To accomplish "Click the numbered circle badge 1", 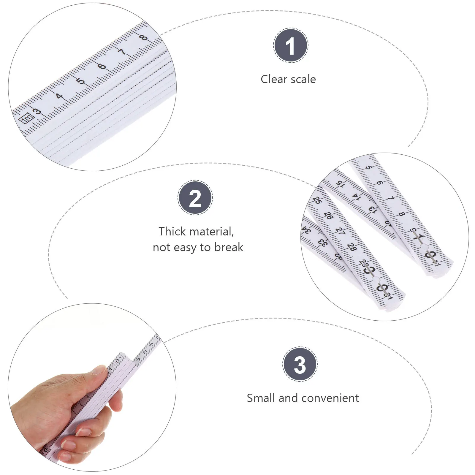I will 291,45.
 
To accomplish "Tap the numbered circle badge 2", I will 195,198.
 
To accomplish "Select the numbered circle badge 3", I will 300,364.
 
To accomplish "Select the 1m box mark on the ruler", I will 26,118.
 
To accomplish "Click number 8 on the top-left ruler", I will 143,37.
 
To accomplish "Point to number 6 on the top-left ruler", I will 102,66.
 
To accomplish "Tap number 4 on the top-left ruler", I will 60,96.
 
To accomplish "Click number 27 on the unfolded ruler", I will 340,231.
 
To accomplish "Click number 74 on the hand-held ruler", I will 151,344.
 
